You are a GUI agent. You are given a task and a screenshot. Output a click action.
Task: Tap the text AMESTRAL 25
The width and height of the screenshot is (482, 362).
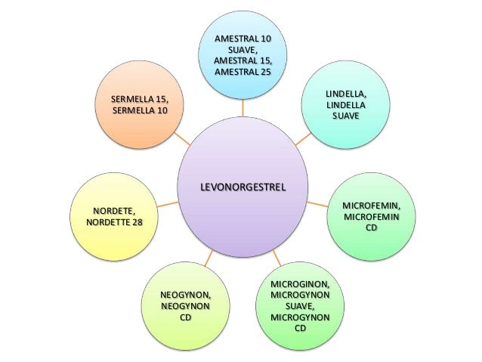(x=242, y=71)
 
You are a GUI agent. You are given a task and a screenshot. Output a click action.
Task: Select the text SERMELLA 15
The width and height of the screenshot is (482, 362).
(x=141, y=100)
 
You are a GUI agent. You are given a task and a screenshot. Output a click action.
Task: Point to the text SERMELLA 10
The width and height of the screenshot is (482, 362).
(x=141, y=111)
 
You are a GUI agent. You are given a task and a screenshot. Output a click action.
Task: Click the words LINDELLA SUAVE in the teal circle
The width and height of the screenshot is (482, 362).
(x=346, y=111)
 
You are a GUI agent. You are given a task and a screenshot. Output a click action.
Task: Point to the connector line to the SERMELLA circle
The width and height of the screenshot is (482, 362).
(x=181, y=138)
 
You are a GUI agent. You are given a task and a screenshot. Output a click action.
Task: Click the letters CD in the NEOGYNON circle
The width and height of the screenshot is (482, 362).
(x=185, y=318)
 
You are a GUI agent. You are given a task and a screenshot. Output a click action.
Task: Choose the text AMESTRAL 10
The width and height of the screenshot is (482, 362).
(x=242, y=38)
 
